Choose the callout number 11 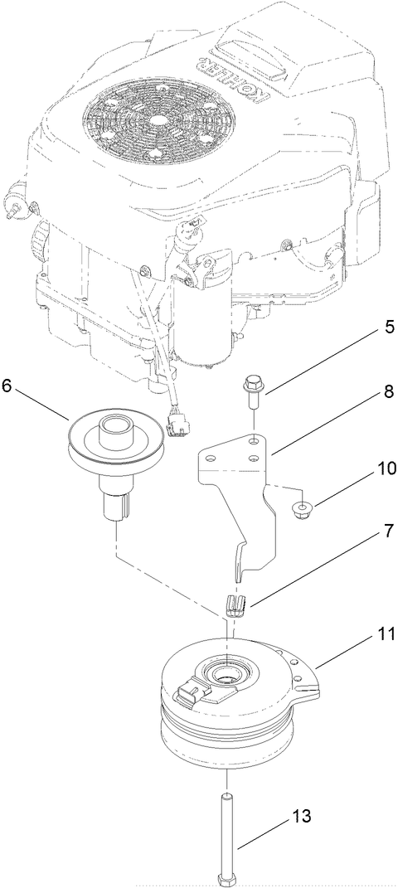[x=366, y=638]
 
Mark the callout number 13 [x=302, y=816]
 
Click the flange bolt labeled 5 [x=252, y=389]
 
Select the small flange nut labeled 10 [x=304, y=507]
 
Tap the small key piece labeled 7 [x=236, y=604]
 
